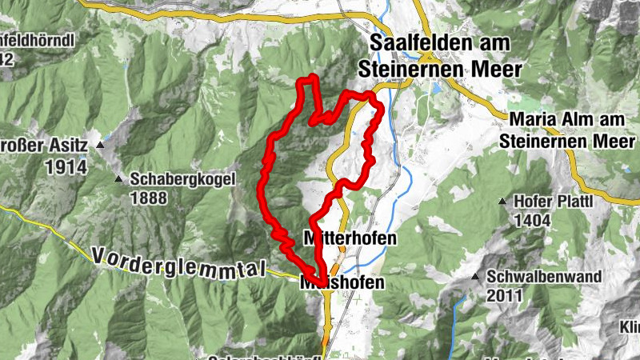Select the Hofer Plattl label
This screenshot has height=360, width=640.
click(553, 201)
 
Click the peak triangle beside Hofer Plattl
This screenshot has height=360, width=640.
click(502, 201)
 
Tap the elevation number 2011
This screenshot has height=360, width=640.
click(505, 295)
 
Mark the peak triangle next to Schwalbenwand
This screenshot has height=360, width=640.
click(475, 278)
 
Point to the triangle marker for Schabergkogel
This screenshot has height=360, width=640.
click(119, 179)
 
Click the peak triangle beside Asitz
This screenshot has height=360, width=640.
click(100, 146)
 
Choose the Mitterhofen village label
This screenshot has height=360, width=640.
click(350, 238)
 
